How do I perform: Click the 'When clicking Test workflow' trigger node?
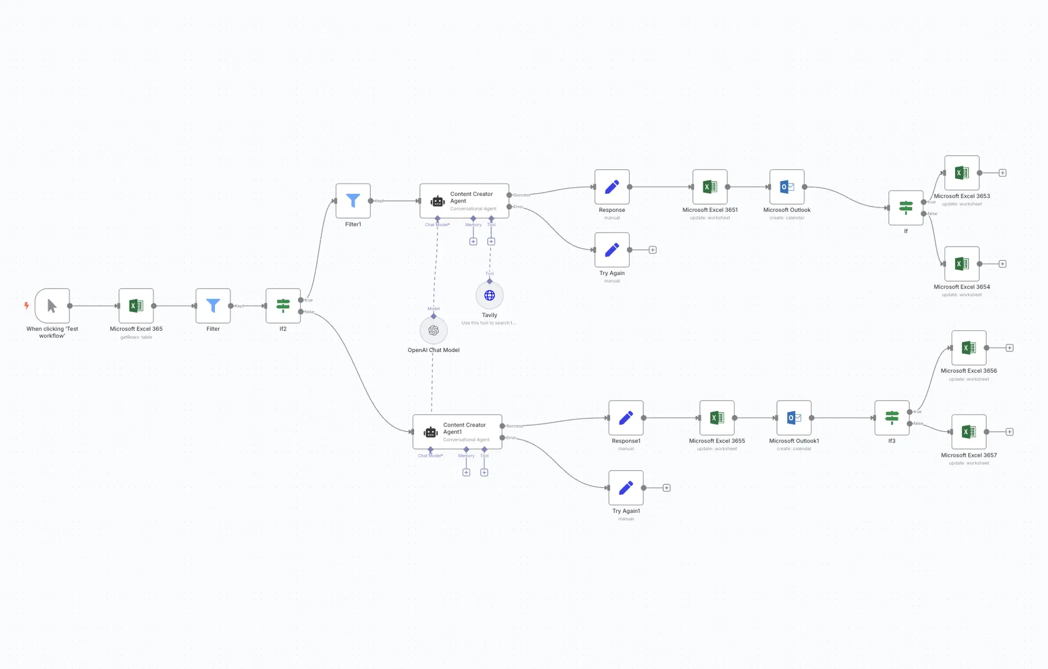52,306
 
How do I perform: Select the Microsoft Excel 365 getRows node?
136,306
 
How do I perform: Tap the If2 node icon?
283,306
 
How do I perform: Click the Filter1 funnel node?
353,201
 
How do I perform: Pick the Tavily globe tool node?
489,295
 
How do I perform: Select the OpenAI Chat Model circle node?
434,330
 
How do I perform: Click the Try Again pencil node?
612,250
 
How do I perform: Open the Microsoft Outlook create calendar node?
787,187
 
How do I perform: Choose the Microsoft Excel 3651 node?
710,187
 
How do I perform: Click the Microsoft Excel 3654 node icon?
962,264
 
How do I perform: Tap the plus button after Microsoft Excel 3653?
1003,173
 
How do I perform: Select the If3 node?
891,418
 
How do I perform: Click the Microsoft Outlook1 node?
794,418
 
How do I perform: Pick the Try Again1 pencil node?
626,488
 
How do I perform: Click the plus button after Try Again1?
667,488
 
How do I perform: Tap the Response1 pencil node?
626,418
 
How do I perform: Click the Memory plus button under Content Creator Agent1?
466,473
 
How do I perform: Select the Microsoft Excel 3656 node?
969,348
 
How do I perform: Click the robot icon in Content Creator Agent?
438,201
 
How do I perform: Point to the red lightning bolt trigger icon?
26,306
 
